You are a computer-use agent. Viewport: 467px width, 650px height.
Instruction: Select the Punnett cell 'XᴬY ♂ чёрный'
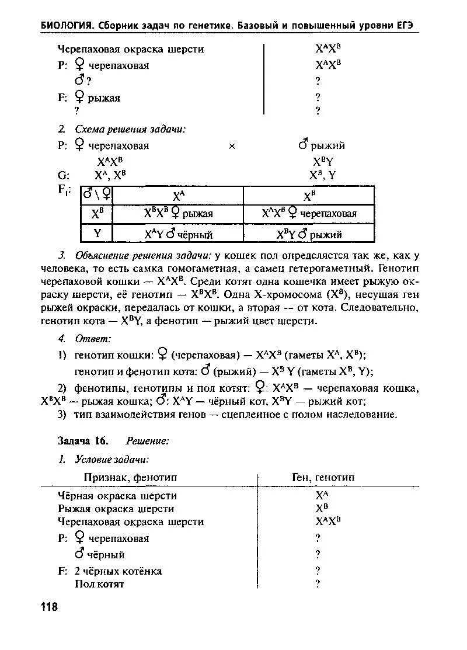[178, 235]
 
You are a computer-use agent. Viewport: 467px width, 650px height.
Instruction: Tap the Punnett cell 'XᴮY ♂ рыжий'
[309, 235]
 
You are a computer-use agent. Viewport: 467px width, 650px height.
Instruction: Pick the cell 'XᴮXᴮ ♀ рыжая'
[178, 214]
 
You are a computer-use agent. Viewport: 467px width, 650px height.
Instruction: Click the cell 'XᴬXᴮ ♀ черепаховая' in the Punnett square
[309, 214]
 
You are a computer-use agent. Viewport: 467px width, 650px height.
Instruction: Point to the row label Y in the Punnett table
[97, 234]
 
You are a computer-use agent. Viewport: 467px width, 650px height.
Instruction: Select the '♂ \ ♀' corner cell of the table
[97, 194]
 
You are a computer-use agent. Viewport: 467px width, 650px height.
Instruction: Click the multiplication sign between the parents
[232, 147]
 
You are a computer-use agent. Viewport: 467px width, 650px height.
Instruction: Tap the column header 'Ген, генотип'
[323, 478]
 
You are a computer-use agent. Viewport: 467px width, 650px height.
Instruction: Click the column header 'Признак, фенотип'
[130, 478]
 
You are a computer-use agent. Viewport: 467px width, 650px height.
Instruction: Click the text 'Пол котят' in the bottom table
[99, 584]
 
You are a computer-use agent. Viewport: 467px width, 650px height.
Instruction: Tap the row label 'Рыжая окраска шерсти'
[116, 509]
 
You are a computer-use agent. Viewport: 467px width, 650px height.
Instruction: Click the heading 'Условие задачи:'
[111, 460]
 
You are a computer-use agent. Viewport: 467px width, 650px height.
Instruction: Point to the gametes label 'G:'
[64, 175]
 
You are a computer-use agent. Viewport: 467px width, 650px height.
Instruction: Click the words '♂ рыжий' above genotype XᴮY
[321, 145]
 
